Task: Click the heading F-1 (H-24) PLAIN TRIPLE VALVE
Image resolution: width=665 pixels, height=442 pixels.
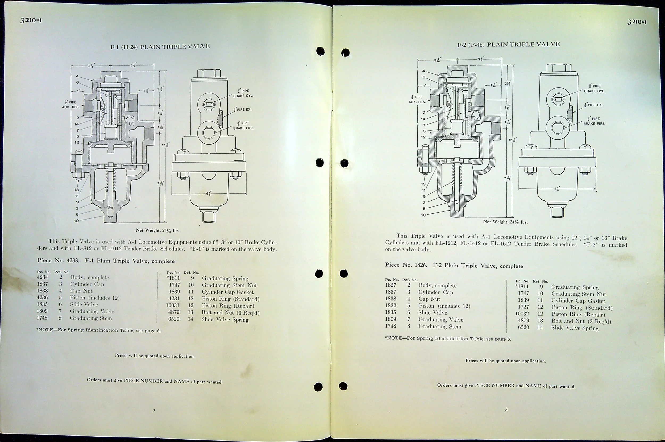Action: coord(160,47)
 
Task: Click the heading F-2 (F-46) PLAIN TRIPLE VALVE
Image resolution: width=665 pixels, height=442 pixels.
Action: coord(508,44)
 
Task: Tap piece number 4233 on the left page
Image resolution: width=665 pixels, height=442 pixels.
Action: coord(73,261)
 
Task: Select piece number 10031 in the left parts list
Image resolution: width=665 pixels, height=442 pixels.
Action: coord(172,306)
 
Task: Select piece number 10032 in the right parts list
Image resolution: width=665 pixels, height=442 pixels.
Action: coord(522,314)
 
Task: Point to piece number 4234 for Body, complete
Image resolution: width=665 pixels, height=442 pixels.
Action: coord(42,277)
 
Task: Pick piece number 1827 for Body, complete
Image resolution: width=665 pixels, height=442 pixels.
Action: coord(390,285)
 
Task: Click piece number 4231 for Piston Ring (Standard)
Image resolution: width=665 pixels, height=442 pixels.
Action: coord(174,299)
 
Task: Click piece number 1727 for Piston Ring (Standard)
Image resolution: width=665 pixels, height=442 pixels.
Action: coord(523,307)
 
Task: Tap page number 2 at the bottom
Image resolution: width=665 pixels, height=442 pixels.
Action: coord(154,411)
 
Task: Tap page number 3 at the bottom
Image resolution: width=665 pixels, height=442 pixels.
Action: coord(506,410)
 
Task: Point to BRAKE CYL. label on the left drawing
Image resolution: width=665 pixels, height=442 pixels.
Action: coord(243,96)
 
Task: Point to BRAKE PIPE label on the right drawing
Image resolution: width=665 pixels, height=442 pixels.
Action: coord(594,123)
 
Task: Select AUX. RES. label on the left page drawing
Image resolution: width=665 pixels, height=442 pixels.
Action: coord(71,107)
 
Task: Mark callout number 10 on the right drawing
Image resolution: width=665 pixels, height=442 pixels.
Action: coord(423,215)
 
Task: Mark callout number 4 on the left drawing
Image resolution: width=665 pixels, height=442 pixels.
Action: coord(77,76)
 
